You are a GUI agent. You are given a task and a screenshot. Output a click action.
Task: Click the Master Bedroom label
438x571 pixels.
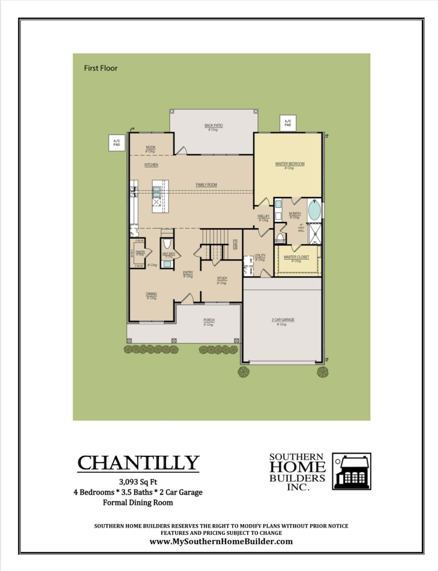[290, 164]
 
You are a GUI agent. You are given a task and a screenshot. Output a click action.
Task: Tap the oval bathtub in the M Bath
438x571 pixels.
[314, 210]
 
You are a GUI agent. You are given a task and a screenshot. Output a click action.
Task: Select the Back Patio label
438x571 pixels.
[213, 126]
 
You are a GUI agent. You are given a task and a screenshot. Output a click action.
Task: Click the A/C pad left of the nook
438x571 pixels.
[117, 143]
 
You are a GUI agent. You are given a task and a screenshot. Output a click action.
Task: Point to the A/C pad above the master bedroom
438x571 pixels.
[288, 123]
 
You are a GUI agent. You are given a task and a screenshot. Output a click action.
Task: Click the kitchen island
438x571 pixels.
[160, 196]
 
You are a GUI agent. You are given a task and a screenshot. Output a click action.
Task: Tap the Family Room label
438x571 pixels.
[206, 185]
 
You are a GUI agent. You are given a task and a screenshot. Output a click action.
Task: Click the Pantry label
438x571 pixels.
[140, 252]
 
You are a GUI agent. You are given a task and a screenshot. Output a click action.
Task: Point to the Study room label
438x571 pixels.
[222, 278]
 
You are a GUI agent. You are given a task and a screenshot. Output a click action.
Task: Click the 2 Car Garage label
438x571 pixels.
[282, 320]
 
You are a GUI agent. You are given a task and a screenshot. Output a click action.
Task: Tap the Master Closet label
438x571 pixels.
[296, 257]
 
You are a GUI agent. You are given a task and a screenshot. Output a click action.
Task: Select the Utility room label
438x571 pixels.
[260, 256]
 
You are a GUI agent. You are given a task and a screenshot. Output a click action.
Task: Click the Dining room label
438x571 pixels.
[151, 294]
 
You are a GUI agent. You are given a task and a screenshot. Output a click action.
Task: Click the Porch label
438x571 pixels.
[209, 320]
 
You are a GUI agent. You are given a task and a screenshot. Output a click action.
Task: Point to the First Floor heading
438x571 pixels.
[101, 68]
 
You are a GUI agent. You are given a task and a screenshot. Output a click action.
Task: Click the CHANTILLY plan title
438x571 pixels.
[138, 463]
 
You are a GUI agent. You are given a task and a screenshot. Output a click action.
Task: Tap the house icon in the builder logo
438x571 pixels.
[351, 471]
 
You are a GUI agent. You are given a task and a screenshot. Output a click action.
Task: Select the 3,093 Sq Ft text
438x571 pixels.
[138, 482]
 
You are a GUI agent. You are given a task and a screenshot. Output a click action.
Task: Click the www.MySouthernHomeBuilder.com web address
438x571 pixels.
[221, 542]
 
